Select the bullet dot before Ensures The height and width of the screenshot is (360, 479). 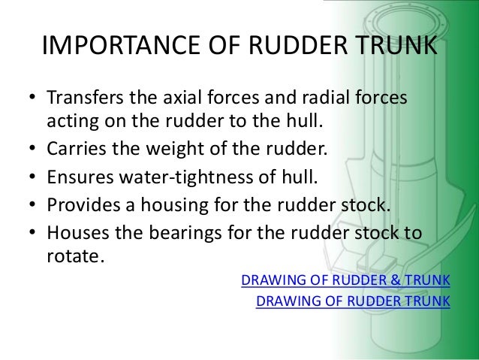32,179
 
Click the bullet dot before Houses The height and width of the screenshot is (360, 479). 32,235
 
